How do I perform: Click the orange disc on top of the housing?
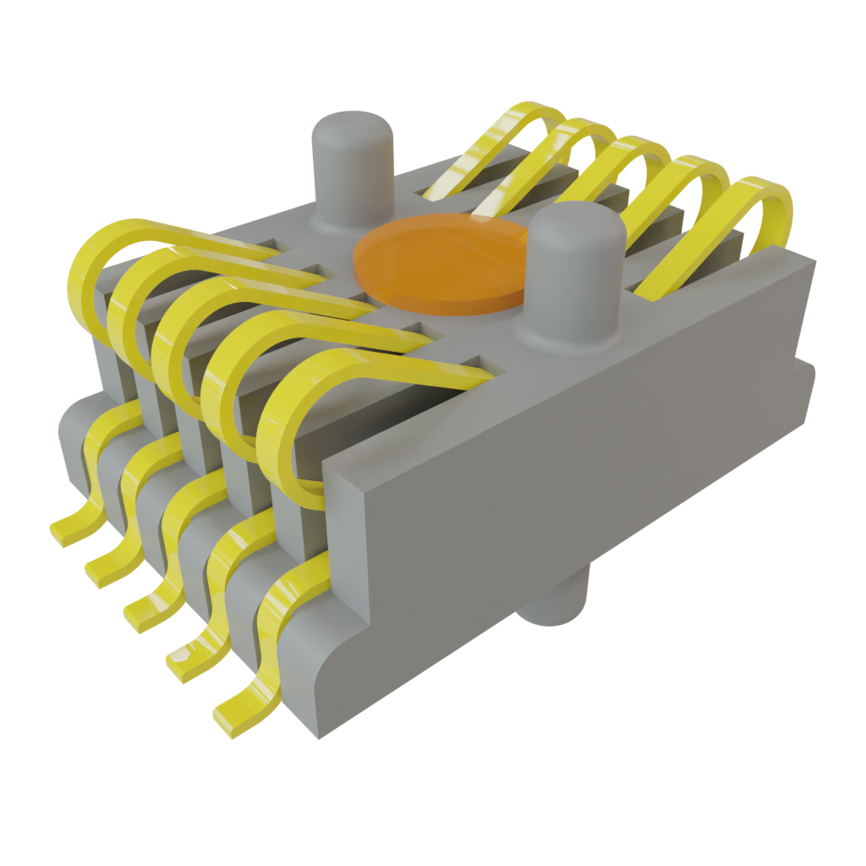tap(440, 262)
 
